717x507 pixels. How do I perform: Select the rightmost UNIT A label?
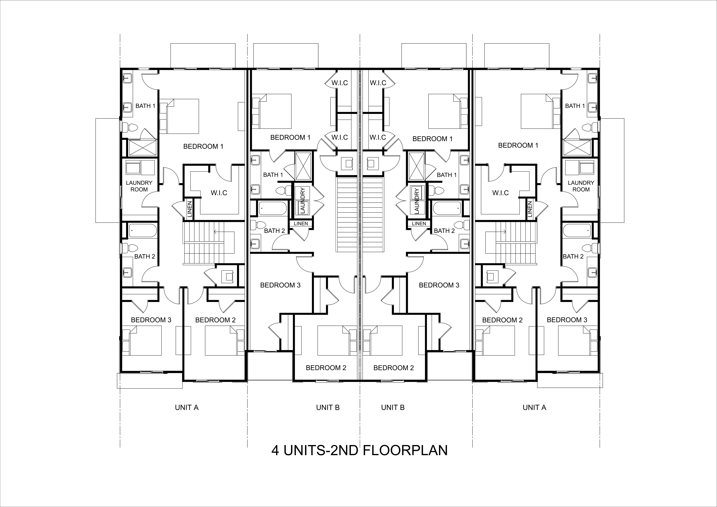(534, 407)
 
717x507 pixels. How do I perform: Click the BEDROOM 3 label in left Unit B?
(280, 285)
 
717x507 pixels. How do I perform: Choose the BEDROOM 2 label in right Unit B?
(393, 368)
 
